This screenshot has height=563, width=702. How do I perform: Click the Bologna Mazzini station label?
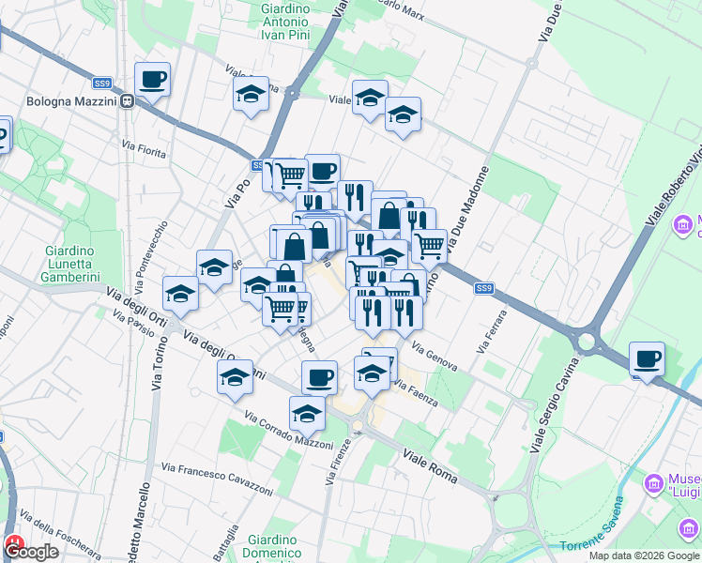pyautogui.click(x=57, y=99)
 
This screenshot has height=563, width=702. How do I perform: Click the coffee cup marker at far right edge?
pyautogui.click(x=647, y=358)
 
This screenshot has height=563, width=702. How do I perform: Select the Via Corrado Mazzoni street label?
pyautogui.click(x=288, y=430)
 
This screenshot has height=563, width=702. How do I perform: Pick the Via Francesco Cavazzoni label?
pyautogui.click(x=217, y=473)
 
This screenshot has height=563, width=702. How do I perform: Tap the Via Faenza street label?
pyautogui.click(x=417, y=392)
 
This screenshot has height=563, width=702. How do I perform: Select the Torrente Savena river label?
pyautogui.click(x=600, y=545)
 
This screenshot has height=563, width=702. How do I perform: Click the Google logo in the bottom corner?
pyautogui.click(x=32, y=552)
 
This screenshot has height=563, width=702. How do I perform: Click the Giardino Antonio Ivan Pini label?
pyautogui.click(x=284, y=21)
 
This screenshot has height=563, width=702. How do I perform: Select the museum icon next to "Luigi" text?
pyautogui.click(x=653, y=484)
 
